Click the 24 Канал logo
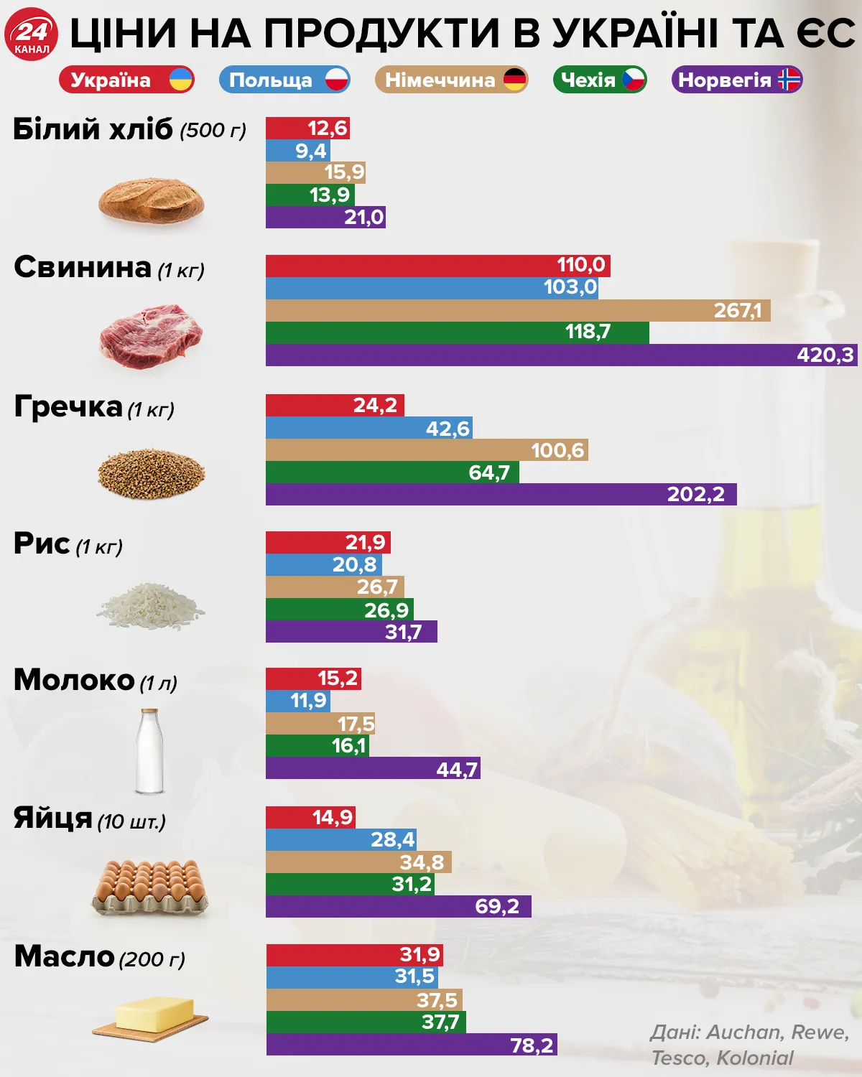[x=32, y=34]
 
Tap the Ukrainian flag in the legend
[x=181, y=80]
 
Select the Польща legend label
[x=271, y=80]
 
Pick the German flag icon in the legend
[x=515, y=80]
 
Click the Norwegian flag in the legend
[x=789, y=80]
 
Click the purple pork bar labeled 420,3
[x=560, y=355]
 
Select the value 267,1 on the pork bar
[x=738, y=310]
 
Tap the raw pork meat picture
[x=151, y=335]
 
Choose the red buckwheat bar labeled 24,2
[x=335, y=405]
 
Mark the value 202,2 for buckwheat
[x=695, y=495]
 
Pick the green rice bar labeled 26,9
[x=339, y=610]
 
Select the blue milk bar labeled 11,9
[x=297, y=701]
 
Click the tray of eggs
[x=150, y=887]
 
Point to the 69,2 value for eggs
[x=497, y=906]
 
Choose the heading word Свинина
[x=83, y=267]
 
